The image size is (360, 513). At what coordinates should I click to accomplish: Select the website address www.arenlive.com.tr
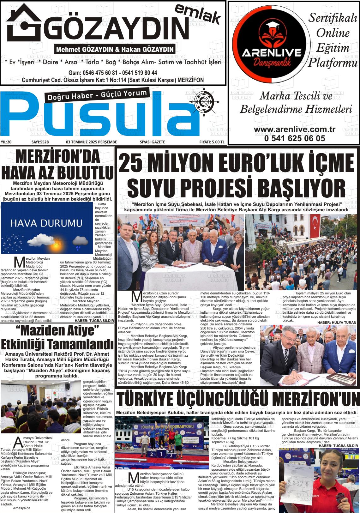(x=294, y=130)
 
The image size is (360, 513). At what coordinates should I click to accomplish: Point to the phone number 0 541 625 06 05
(x=294, y=138)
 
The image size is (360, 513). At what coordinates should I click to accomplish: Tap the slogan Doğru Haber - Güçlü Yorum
(x=97, y=95)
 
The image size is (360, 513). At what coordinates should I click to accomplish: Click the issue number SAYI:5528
(x=42, y=142)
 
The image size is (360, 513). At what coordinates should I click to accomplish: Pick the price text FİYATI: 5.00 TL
(x=212, y=142)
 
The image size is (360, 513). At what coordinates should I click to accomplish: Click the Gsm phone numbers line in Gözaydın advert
(x=113, y=72)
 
